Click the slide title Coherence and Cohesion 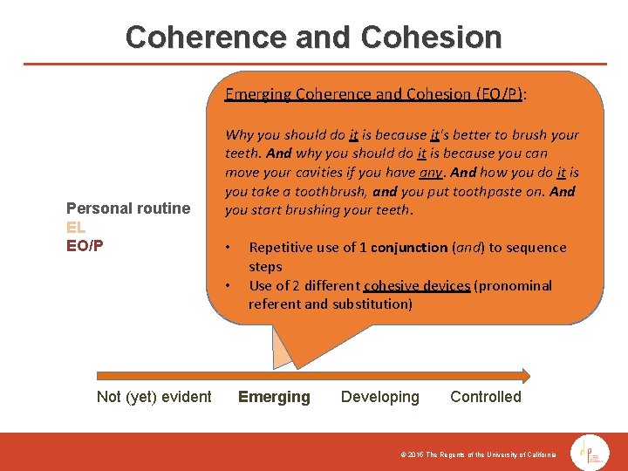pos(313,37)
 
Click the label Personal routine pos(128,208)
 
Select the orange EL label pos(76,227)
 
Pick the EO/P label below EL pos(85,245)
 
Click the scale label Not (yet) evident pos(154,397)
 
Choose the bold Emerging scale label pos(274,397)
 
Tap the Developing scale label pos(379,397)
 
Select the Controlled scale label pos(485,397)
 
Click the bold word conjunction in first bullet pos(409,248)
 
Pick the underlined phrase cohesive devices pos(416,286)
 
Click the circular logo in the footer pos(590,451)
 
